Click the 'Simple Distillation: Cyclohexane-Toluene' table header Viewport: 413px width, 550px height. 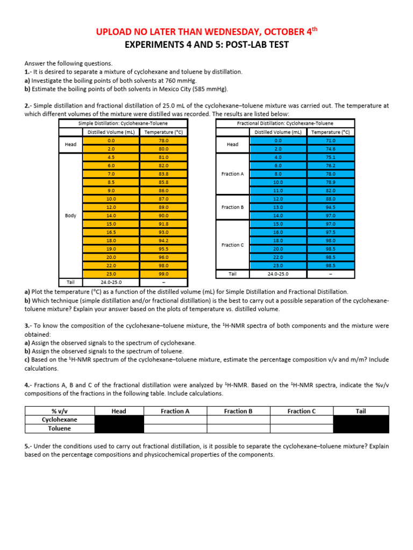pos(123,124)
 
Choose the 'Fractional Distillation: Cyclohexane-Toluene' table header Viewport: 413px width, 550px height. pos(285,124)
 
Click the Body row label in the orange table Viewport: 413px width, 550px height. pos(70,215)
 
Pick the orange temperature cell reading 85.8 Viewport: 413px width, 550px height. pos(163,182)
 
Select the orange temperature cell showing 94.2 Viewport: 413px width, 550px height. pos(163,241)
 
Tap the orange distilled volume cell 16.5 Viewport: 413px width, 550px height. pos(111,232)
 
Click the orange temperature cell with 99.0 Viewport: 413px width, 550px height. pos(163,274)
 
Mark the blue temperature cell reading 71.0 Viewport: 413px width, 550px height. pos(330,140)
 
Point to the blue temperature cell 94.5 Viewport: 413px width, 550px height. pos(330,207)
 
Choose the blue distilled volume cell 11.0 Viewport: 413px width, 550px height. pos(278,190)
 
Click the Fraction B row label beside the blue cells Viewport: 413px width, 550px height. pos(232,207)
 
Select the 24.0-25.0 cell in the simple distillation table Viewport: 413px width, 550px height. pos(111,282)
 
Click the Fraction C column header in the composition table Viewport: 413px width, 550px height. pos(302,411)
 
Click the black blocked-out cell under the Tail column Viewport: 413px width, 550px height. pos(360,424)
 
